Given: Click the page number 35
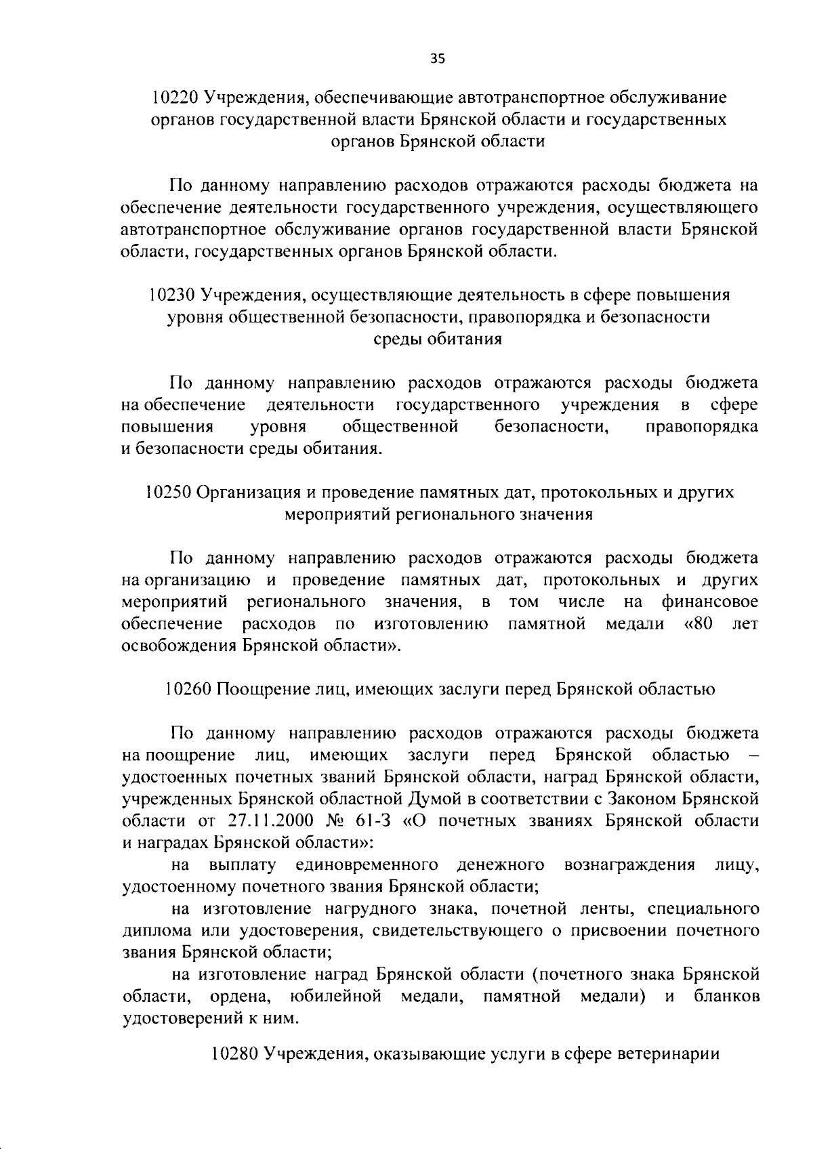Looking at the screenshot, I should pos(438,59).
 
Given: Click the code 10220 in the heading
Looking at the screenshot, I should pos(175,98).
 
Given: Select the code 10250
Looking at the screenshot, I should pos(169,493).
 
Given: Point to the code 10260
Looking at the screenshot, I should pos(188,690).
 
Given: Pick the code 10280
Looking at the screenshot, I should pos(235,1073).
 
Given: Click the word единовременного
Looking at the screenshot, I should pos(366,865).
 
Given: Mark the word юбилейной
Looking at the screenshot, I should pos(335,997).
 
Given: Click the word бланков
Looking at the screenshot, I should pos(726,997).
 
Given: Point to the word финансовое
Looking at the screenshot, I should pos(709,602).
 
